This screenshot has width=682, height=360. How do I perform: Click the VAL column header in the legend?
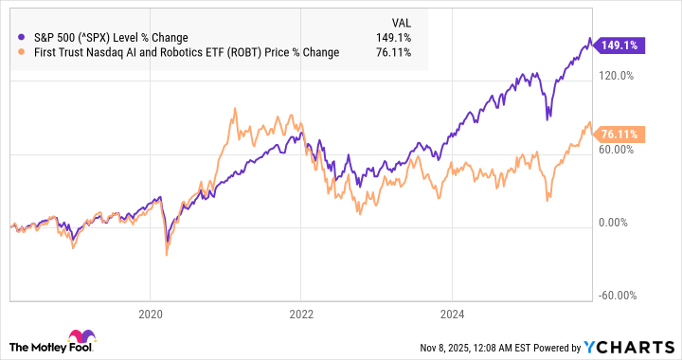point(403,21)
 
